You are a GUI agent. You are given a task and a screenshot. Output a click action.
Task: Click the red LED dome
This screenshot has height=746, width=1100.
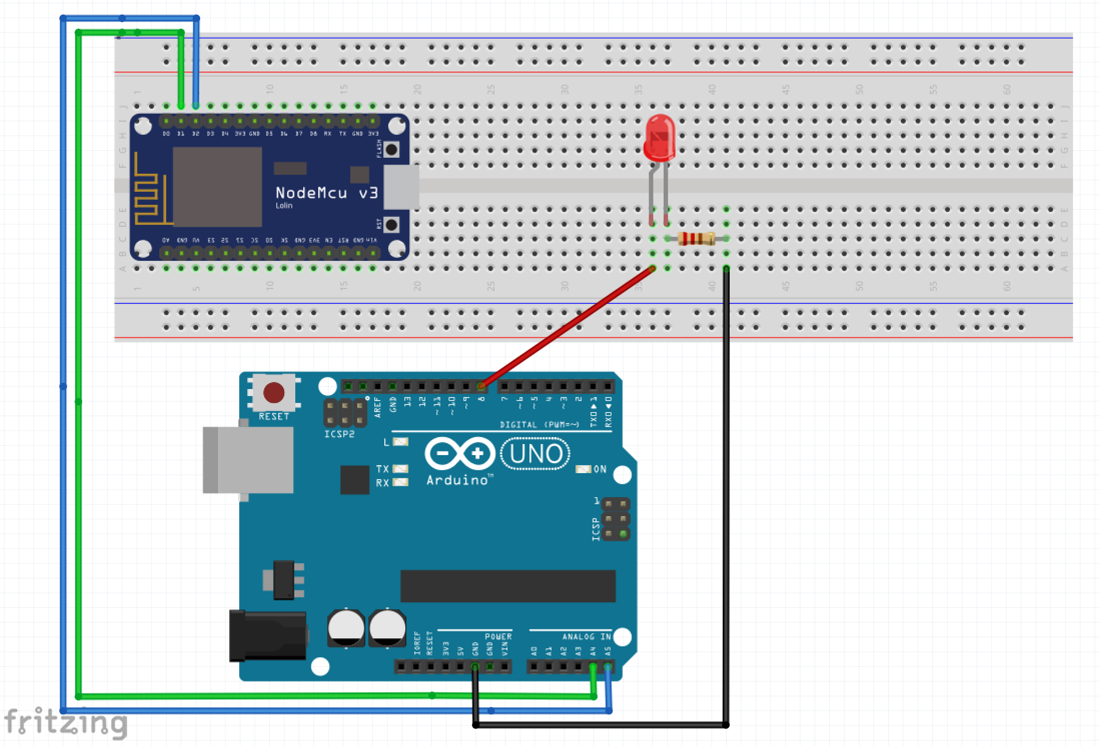(660, 136)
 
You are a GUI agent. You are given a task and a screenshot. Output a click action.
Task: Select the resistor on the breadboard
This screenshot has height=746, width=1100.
(696, 239)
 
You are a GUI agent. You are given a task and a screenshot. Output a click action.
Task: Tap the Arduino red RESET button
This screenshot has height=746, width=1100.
(274, 393)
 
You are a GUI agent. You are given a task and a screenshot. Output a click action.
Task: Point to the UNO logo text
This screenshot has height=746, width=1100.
(535, 454)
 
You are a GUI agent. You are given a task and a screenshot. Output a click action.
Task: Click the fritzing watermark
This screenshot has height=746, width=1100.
(65, 722)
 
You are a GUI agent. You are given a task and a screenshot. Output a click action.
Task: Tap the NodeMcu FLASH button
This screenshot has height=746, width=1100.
(391, 149)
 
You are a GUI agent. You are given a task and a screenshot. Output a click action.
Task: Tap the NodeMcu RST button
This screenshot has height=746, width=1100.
(391, 225)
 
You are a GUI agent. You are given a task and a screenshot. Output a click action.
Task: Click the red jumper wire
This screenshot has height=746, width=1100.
(566, 328)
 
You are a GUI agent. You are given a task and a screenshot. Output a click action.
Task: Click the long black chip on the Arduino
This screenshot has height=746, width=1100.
(507, 586)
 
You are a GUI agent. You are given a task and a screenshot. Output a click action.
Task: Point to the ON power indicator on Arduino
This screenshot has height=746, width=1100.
(584, 469)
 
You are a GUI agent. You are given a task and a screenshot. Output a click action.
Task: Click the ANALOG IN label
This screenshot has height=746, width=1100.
(586, 637)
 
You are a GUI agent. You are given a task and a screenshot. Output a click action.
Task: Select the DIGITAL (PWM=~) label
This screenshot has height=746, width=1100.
(539, 425)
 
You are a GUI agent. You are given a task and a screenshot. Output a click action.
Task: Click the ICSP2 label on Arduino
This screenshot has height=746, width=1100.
(339, 434)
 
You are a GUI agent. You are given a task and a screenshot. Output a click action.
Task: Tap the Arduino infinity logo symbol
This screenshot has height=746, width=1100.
(459, 454)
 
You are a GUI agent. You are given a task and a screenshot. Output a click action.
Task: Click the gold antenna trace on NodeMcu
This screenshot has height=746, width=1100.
(148, 193)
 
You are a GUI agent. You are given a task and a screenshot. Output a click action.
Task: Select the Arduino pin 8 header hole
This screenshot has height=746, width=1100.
(481, 386)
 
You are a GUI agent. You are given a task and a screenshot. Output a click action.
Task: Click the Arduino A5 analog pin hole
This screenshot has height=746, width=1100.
(608, 666)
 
